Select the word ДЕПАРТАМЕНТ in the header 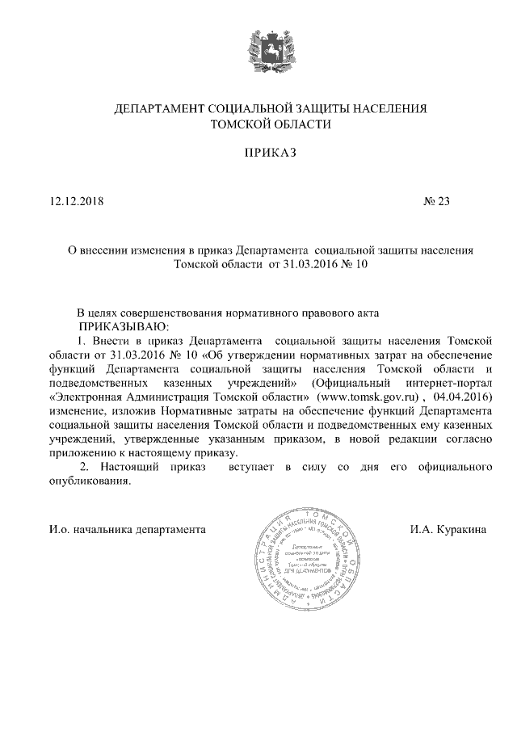click(x=160, y=107)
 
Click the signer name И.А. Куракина click(x=448, y=530)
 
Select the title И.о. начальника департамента click(x=126, y=530)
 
